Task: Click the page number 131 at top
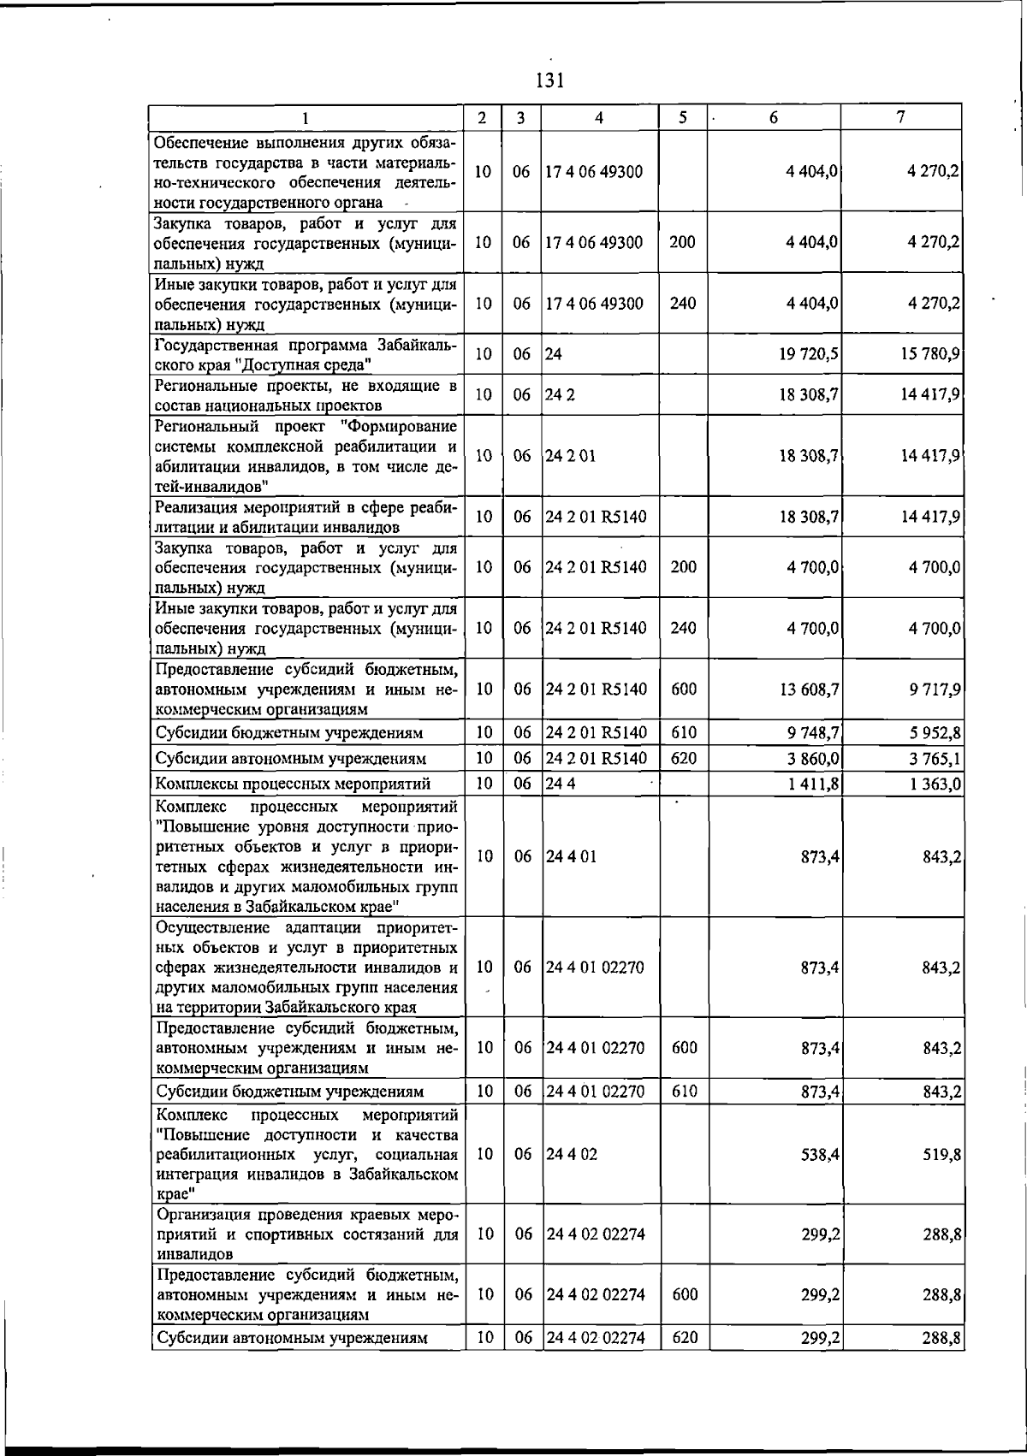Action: [x=549, y=81]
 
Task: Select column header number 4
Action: [x=598, y=118]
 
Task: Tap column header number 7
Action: [x=901, y=117]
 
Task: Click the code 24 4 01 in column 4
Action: [x=571, y=856]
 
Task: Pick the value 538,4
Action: [x=820, y=1154]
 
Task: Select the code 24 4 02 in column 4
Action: [x=572, y=1154]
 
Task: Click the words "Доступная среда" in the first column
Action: [x=307, y=365]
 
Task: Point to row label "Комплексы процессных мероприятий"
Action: [x=292, y=784]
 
